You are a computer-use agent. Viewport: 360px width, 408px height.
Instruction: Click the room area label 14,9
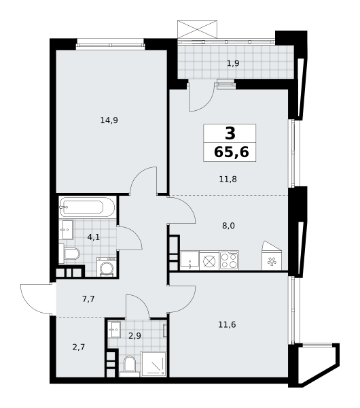pos(109,120)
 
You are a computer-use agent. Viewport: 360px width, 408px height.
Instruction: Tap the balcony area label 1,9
pos(233,63)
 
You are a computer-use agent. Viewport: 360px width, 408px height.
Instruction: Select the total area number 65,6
pos(232,152)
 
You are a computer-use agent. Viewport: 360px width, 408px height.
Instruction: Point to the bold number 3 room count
pos(230,133)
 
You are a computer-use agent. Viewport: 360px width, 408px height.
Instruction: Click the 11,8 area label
pos(228,179)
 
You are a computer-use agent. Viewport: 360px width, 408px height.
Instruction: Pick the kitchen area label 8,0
pos(228,226)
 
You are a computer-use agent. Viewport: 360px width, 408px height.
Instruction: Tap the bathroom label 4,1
pos(94,237)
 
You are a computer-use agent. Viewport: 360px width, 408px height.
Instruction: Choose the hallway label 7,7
pos(88,299)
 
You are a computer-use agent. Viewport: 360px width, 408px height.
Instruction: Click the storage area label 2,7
pos(79,347)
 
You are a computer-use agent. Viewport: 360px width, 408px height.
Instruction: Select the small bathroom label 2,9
pos(134,336)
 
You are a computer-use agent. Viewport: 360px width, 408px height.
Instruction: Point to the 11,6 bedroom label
pos(227,324)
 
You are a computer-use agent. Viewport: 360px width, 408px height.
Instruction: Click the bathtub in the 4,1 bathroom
pos(88,207)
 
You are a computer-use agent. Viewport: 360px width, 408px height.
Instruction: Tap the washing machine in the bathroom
pos(107,267)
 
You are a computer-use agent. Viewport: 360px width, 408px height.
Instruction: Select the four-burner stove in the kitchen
pos(229,260)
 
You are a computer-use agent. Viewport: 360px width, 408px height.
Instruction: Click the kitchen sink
pos(190,260)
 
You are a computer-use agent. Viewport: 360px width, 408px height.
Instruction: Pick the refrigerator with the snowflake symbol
pos(272,256)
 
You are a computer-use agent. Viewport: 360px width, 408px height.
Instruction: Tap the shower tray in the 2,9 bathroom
pos(154,364)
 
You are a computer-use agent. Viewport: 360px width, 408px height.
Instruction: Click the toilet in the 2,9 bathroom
pos(130,367)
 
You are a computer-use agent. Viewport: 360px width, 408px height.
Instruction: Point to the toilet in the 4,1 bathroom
pos(69,254)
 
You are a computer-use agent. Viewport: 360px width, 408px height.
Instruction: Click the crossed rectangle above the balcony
pos(197,29)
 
